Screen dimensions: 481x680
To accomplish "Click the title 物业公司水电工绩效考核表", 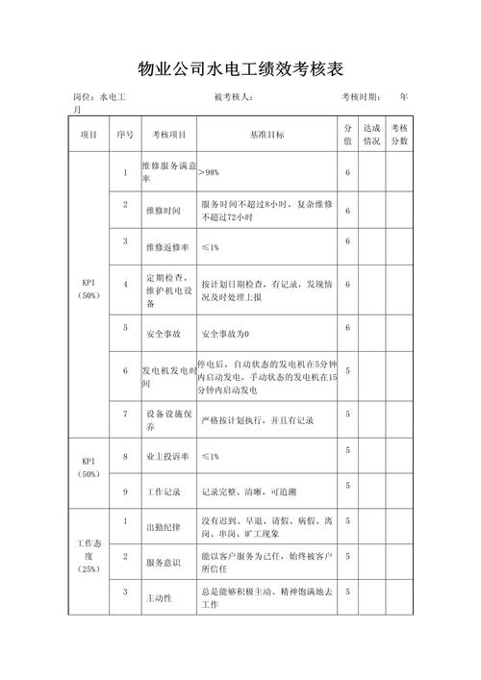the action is [x=240, y=69].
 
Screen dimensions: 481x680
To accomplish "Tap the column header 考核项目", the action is [x=169, y=136].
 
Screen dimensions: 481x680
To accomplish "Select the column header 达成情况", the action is [x=371, y=135].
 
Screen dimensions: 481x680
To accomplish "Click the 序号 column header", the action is [x=125, y=136].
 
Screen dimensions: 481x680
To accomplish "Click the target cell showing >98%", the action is [x=209, y=172].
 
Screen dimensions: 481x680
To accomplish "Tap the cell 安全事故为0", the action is [x=225, y=334].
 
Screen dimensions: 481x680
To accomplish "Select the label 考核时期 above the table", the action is [x=362, y=97].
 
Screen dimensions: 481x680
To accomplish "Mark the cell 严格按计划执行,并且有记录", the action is [x=258, y=420].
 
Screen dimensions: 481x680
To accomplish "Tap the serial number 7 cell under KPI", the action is [x=125, y=413].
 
